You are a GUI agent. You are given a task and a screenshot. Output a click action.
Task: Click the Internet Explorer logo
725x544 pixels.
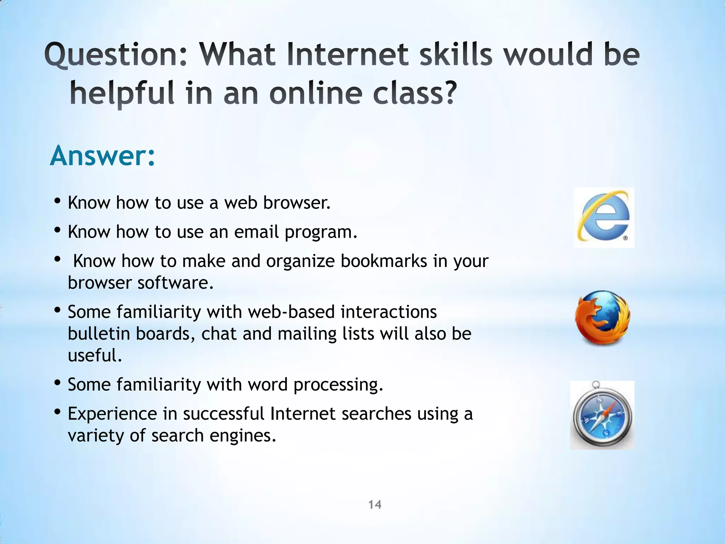[x=604, y=217]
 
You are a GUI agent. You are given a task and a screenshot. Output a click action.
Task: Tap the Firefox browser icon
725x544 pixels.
[x=602, y=318]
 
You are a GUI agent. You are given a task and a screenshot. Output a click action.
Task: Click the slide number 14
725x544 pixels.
[x=375, y=504]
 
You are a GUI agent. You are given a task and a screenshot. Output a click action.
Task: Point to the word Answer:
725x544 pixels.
[x=103, y=156]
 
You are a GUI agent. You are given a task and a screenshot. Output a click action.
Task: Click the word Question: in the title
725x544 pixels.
[x=116, y=55]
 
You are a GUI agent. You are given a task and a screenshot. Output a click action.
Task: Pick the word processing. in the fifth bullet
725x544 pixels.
[x=338, y=385]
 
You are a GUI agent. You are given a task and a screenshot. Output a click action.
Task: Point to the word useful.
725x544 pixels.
[x=95, y=355]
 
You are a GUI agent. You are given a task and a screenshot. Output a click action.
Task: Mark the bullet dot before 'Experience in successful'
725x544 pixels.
[x=58, y=412]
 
